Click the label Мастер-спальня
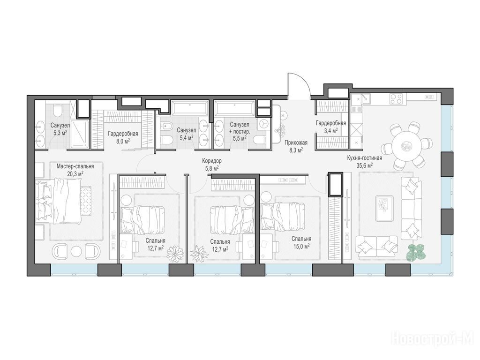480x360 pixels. click(75, 166)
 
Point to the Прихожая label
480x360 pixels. click(296, 142)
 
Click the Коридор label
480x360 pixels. click(211, 161)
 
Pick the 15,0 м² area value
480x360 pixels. click(301, 246)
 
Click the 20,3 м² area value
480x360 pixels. click(75, 173)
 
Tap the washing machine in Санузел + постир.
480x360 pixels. click(264, 124)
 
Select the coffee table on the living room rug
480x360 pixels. click(384, 208)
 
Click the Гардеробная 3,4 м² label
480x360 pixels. click(331, 127)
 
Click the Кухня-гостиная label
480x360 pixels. click(364, 158)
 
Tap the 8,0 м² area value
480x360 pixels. click(122, 141)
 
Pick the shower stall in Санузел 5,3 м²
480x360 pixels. click(79, 134)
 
